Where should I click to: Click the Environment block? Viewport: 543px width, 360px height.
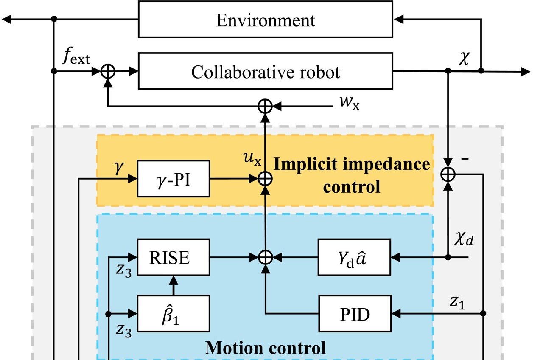265,20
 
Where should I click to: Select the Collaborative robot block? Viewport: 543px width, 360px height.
265,71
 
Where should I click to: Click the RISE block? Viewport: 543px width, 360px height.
173,257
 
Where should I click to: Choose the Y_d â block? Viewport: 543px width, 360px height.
355,257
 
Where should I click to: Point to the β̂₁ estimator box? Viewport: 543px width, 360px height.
173,314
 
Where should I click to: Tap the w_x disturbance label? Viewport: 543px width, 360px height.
349,103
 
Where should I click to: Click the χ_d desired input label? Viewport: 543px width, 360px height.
464,240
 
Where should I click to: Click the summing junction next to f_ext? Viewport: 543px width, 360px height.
108,71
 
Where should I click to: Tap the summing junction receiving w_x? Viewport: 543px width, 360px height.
265,106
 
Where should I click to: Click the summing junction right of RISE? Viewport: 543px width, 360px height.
265,257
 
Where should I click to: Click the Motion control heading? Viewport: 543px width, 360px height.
266,348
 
